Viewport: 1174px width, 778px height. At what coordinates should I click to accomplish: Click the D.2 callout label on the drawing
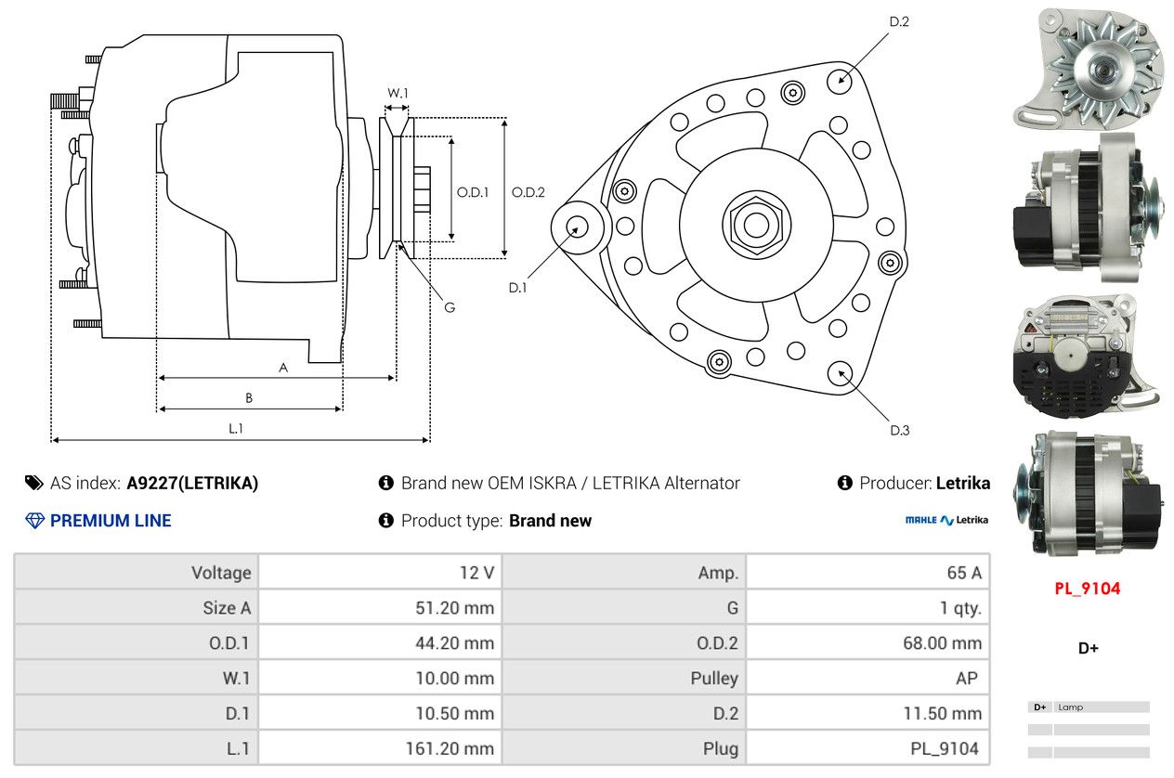pos(899,21)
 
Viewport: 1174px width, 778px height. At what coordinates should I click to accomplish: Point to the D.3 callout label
pos(899,430)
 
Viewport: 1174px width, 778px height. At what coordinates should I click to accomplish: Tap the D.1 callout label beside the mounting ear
pos(517,288)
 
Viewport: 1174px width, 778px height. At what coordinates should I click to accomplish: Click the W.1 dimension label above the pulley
pos(398,93)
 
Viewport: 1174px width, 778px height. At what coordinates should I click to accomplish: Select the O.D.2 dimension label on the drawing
pos(528,192)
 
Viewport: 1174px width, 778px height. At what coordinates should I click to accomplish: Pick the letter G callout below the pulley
pos(450,307)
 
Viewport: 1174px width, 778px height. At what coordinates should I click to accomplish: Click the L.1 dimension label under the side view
pos(236,429)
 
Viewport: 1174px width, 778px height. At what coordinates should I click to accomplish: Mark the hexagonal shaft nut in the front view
pos(756,226)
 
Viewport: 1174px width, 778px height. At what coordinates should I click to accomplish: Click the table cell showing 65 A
pos(867,572)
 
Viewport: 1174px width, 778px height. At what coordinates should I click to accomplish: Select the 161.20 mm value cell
pos(380,748)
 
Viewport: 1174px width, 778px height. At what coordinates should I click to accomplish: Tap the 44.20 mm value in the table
pos(454,642)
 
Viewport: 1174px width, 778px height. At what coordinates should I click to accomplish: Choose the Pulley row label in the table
pos(714,678)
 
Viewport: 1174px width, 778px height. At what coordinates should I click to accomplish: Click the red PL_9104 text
pos(1087,589)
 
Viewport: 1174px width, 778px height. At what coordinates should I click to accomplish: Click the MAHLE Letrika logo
pos(946,520)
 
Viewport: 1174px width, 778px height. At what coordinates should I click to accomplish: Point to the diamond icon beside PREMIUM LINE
pos(34,521)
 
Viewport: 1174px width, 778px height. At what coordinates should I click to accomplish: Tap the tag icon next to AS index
pos(34,483)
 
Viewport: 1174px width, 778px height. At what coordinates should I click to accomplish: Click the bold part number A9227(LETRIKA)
pos(192,483)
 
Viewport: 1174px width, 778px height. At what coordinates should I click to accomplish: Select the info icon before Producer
pos(844,483)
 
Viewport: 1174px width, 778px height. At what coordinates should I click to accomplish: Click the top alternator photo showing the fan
pos(1088,68)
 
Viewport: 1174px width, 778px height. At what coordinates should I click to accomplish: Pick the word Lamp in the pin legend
pos(1070,707)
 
